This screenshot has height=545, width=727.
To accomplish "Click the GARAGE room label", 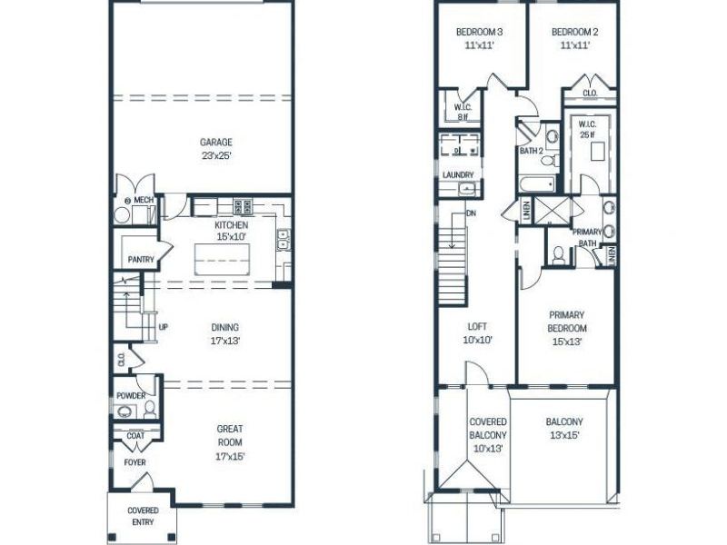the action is [x=216, y=143].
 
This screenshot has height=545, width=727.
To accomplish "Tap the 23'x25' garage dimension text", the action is [x=216, y=155].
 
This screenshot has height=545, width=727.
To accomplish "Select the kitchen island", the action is [x=222, y=259].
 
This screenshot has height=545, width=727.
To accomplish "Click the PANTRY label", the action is [x=141, y=260].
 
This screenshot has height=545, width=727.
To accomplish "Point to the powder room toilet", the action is [x=150, y=410].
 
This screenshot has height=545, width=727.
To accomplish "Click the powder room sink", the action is [x=124, y=411].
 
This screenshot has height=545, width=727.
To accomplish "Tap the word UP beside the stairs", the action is [x=164, y=327].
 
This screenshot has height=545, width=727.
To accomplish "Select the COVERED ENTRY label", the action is [x=143, y=516].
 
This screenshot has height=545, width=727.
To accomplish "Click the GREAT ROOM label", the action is [x=230, y=436].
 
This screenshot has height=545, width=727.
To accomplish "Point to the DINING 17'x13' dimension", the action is [x=225, y=342].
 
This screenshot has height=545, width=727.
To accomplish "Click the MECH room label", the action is [x=144, y=200].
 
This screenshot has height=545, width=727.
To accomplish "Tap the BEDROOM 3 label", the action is [x=479, y=32].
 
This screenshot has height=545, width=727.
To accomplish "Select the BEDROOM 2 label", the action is [x=575, y=32].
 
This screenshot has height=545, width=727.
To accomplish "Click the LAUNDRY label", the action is [x=458, y=175].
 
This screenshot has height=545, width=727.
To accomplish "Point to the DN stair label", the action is [x=471, y=213].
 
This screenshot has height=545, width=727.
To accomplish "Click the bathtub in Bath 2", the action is [x=537, y=185].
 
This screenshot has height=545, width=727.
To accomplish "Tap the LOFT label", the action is [x=477, y=327].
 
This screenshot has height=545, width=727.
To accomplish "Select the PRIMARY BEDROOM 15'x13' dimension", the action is [x=567, y=342].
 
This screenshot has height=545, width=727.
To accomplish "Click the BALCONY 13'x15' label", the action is [x=564, y=429].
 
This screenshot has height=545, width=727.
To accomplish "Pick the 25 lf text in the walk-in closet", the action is [x=587, y=135].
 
